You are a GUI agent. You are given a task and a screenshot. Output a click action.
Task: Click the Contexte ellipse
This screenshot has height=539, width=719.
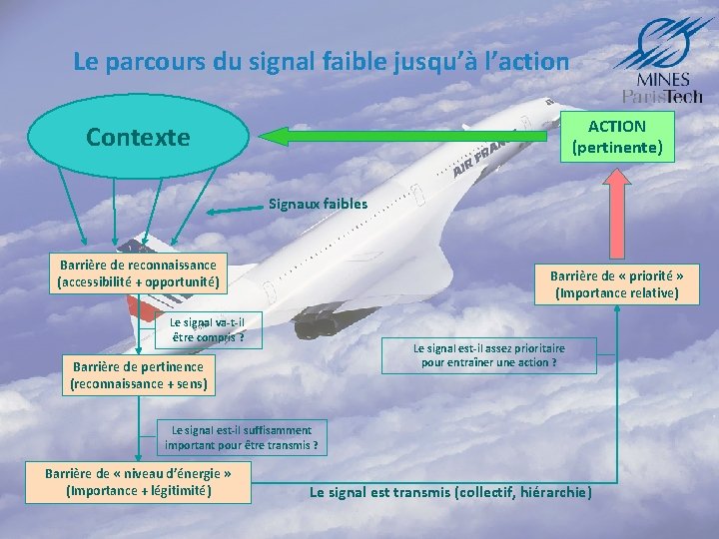click(138, 137)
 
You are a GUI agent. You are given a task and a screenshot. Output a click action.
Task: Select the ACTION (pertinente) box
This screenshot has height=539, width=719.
click(616, 137)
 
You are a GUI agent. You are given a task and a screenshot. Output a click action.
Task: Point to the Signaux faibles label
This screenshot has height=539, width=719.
click(318, 204)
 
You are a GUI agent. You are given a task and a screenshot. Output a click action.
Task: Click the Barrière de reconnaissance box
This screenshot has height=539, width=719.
click(138, 273)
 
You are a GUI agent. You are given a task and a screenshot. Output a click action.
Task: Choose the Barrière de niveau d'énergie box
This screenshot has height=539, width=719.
click(139, 481)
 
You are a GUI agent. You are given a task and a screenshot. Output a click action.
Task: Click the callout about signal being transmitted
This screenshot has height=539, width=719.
click(242, 437)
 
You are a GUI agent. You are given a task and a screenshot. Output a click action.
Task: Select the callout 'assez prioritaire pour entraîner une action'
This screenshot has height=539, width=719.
click(489, 355)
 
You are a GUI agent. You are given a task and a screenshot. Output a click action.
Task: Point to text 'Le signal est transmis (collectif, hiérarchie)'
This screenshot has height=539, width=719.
click(450, 492)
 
